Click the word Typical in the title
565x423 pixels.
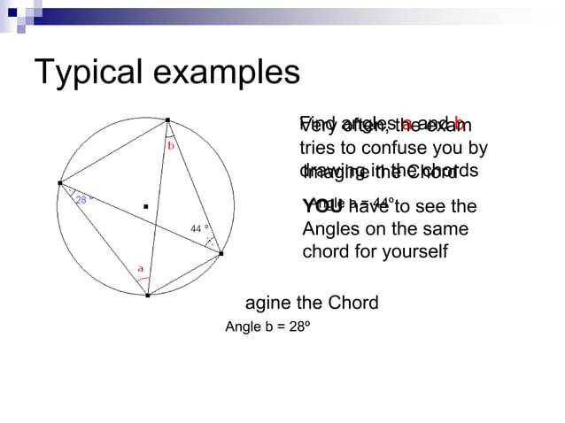(x=88, y=73)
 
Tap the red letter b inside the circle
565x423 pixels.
(x=171, y=144)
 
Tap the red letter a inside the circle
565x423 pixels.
(x=139, y=267)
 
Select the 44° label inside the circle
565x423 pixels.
(x=199, y=229)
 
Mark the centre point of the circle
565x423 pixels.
(x=145, y=207)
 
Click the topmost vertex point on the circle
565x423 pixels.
(x=166, y=119)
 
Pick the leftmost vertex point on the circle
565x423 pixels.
(x=60, y=180)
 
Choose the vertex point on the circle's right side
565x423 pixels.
(x=221, y=254)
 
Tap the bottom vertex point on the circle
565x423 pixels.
(x=148, y=296)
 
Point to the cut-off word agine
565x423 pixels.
(x=269, y=304)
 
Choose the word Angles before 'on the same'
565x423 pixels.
(x=334, y=229)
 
